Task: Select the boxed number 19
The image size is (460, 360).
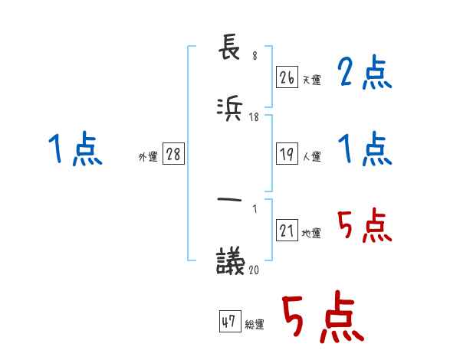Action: click(287, 154)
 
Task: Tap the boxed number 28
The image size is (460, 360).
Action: click(173, 154)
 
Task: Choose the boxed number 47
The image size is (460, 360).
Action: click(228, 322)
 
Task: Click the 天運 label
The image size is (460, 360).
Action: click(311, 79)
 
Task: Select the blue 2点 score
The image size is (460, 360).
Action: click(365, 74)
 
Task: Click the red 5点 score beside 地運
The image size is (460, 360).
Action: click(365, 227)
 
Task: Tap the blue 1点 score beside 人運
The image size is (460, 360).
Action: click(365, 149)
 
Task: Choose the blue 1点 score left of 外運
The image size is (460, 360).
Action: click(75, 149)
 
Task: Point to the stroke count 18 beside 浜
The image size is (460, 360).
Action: click(255, 117)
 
